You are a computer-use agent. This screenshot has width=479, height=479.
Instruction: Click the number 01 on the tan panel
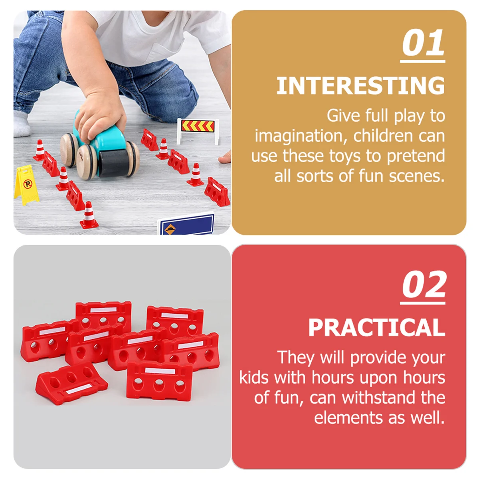[x=423, y=43]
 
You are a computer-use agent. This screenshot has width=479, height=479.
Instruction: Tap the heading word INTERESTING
[x=360, y=85]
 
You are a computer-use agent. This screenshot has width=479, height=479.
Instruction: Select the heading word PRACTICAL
[x=376, y=327]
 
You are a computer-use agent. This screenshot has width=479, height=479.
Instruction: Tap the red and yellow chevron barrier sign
[x=198, y=131]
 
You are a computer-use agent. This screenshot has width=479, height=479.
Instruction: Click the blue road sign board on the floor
[x=186, y=224]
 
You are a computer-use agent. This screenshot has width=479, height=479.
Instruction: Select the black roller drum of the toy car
[x=114, y=163]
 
